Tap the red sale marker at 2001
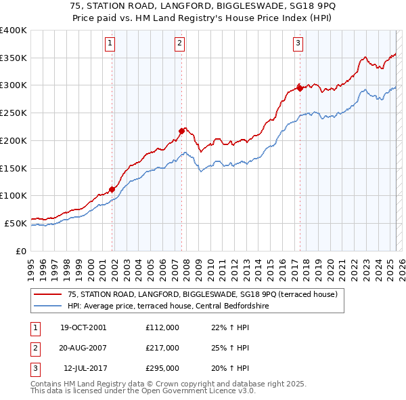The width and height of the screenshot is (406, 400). pyautogui.click(x=112, y=189)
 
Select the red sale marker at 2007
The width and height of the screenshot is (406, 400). pyautogui.click(x=182, y=131)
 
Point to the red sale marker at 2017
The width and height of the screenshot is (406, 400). pyautogui.click(x=300, y=88)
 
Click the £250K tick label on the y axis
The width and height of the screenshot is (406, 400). pyautogui.click(x=14, y=113)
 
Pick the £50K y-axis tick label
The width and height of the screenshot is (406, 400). pyautogui.click(x=16, y=223)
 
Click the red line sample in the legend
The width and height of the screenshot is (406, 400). pyautogui.click(x=49, y=294)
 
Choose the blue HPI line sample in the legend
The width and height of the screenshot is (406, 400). pyautogui.click(x=49, y=306)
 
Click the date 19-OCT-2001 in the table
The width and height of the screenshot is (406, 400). pyautogui.click(x=83, y=327)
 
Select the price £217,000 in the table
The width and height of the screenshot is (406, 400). pyautogui.click(x=162, y=348)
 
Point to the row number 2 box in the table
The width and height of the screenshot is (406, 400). pyautogui.click(x=34, y=348)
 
